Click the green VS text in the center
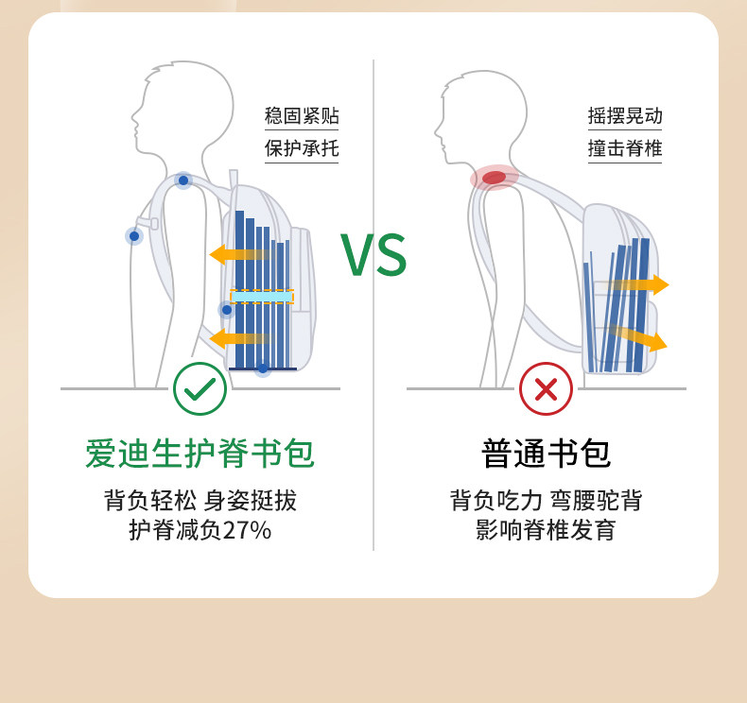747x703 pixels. [373, 255]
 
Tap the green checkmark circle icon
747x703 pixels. [200, 388]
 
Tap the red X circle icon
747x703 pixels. [546, 388]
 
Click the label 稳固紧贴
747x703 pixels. [302, 116]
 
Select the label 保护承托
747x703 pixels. [302, 148]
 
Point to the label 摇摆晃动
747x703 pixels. [625, 116]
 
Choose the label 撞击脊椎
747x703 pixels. [625, 148]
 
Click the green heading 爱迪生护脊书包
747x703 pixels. [200, 454]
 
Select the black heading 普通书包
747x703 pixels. [546, 454]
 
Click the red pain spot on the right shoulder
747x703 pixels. [495, 178]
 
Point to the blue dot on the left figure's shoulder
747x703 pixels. [183, 180]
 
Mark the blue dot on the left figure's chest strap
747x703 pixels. [134, 236]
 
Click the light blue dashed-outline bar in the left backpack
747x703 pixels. [262, 297]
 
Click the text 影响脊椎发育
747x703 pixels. [546, 530]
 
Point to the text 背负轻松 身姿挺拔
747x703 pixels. [200, 500]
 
